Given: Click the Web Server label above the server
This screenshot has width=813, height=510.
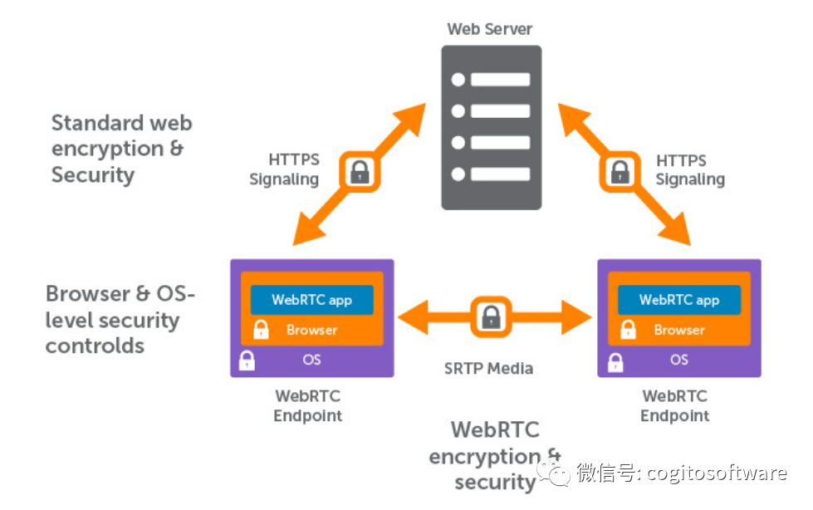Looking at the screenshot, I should click(489, 29).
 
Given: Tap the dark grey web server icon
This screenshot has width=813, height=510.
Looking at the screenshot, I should click(490, 127).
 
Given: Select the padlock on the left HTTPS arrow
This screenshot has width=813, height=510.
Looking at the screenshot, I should click(359, 172).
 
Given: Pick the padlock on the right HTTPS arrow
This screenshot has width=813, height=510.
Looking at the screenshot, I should click(619, 172).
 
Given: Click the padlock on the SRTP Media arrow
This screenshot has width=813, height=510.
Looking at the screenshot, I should click(490, 316).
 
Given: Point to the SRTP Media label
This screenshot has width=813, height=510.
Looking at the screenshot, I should click(488, 368).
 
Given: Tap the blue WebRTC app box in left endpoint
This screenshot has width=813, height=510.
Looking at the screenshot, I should click(311, 300).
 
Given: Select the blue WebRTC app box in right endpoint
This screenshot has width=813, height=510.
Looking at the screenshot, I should click(678, 300).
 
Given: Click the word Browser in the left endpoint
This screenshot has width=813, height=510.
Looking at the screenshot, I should click(311, 330).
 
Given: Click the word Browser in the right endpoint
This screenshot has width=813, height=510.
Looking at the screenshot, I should click(678, 330).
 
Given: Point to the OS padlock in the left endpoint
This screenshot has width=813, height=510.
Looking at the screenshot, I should click(247, 361).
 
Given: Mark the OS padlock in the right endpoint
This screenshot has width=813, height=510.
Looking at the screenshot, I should click(615, 361).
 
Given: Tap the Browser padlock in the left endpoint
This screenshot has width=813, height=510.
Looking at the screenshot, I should click(261, 329).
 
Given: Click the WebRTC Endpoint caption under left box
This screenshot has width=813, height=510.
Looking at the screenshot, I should click(307, 406).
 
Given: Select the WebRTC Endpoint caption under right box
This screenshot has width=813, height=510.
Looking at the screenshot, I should click(675, 406).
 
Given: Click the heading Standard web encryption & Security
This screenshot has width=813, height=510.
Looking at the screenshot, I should click(121, 149).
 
